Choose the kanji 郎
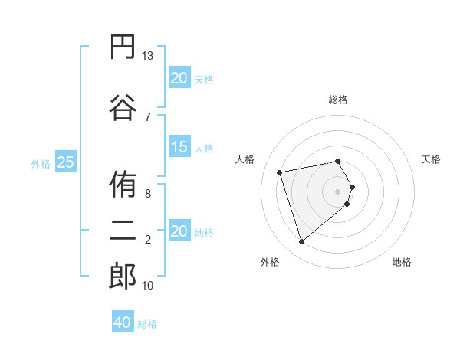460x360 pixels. pos(123,276)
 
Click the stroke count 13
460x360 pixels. pos(148,56)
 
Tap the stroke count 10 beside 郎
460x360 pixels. pos(148,286)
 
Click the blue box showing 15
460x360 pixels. pos(179,148)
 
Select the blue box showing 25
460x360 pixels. pos(66,162)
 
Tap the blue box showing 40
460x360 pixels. pos(123,323)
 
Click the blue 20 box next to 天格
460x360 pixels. pos(179,78)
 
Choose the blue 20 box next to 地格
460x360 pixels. pos(179,232)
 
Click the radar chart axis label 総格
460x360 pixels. pos(338,100)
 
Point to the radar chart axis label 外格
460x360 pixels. pos(270,262)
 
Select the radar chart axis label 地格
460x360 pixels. pos(402,262)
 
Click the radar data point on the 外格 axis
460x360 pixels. pos(302,241)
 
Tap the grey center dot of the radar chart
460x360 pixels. pos(338,191)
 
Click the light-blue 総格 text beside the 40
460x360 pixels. pos(147,324)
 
